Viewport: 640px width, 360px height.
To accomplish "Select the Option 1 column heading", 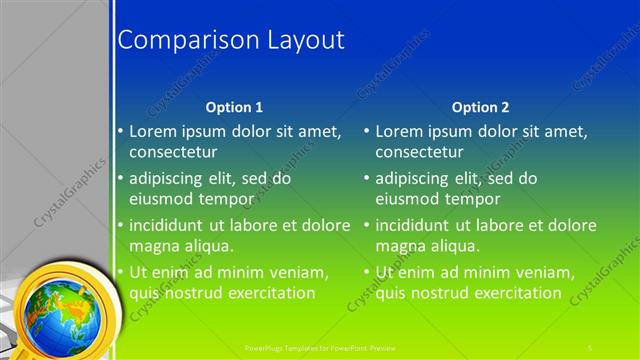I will coord(234,107).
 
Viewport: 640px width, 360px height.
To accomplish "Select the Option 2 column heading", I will coord(480,107).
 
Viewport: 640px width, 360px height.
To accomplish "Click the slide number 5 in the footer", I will coord(591,347).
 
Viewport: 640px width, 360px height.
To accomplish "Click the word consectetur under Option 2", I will coord(419,153).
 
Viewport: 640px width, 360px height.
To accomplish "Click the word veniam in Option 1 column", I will coord(301,272).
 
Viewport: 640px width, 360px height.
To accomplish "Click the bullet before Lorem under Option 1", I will coord(121,131).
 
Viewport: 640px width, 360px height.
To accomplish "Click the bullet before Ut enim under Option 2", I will coord(367,272).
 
